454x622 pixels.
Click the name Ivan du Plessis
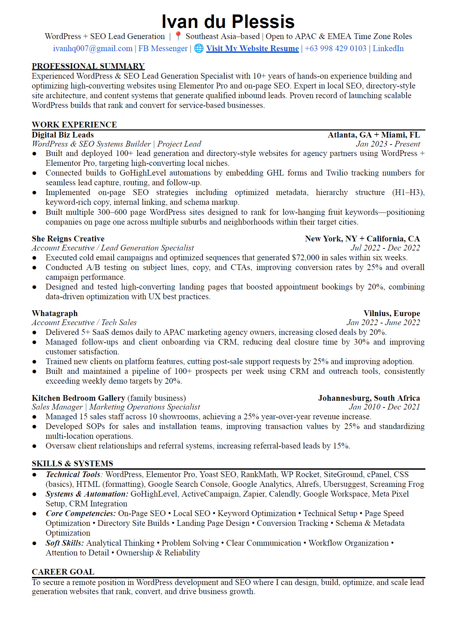pyautogui.click(x=228, y=22)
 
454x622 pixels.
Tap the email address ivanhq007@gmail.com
pyautogui.click(x=92, y=48)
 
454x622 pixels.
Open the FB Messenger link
pyautogui.click(x=163, y=48)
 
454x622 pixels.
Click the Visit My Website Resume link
pyautogui.click(x=252, y=48)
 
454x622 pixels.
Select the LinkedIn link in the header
pyautogui.click(x=388, y=48)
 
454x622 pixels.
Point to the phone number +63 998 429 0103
pyautogui.click(x=335, y=48)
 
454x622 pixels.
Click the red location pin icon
pyautogui.click(x=178, y=36)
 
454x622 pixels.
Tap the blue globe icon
pyautogui.click(x=199, y=48)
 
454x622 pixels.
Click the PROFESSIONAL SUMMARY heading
pyautogui.click(x=88, y=66)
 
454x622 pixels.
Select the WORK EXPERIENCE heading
pyautogui.click(x=74, y=125)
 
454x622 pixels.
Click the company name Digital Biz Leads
pyautogui.click(x=63, y=135)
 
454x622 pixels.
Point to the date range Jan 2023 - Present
pyautogui.click(x=388, y=144)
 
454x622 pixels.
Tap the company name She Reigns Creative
pyautogui.click(x=68, y=239)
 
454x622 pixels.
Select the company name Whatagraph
pyautogui.click(x=55, y=313)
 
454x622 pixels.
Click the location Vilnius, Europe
pyautogui.click(x=391, y=313)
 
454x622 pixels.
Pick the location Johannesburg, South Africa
pyautogui.click(x=369, y=398)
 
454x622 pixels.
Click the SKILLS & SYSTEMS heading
pyautogui.click(x=72, y=464)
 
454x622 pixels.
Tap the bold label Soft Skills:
pyautogui.click(x=65, y=543)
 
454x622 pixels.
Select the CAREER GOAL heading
pyautogui.click(x=63, y=572)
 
